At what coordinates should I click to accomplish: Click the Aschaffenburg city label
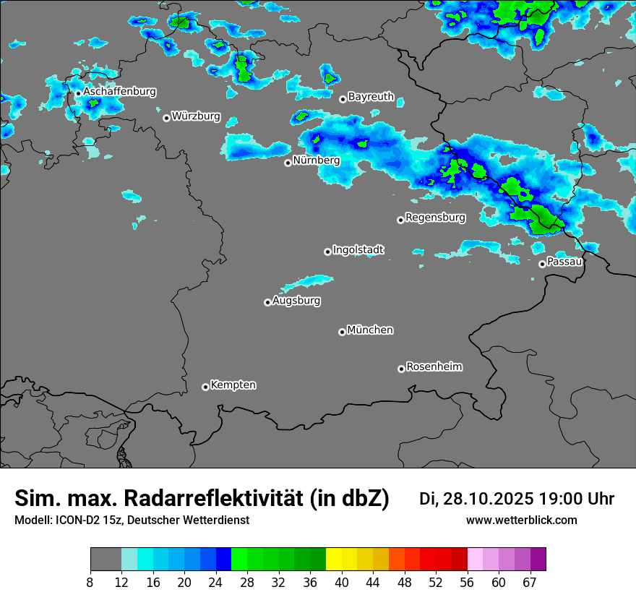coord(119,92)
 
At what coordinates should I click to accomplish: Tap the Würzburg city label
coord(196,116)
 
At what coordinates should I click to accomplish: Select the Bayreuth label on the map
coord(371,96)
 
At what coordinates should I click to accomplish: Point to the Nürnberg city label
coord(316,160)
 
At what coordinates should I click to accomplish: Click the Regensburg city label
coord(435,217)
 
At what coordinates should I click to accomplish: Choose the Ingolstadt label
coord(358,250)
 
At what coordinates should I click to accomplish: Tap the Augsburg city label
coord(296,301)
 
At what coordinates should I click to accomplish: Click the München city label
coord(370,330)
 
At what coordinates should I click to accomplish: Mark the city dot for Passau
coord(542,264)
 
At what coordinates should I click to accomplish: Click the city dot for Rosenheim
coord(401,369)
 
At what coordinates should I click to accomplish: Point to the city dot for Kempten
coord(205,387)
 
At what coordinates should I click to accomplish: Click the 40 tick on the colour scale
coord(343,583)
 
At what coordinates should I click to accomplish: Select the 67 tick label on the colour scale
coord(530,583)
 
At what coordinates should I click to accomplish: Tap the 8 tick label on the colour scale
coord(90,583)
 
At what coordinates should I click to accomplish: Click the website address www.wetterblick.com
coord(522,520)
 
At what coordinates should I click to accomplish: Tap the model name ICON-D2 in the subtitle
coord(72,520)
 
